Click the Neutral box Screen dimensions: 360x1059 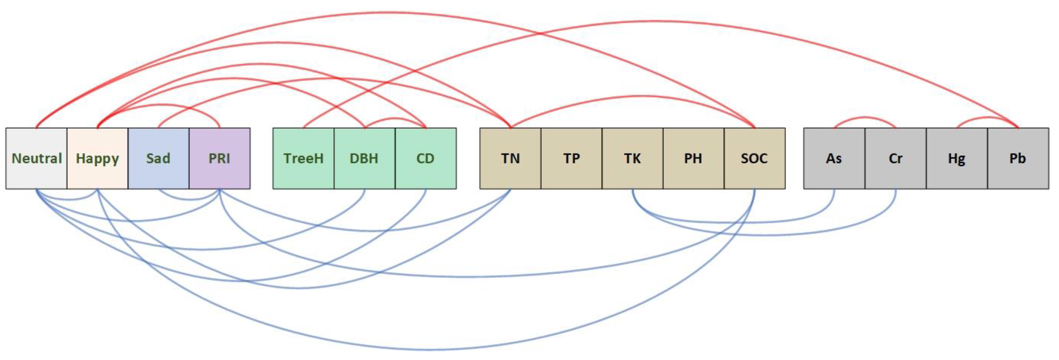coord(37,159)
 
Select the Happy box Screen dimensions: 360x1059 coord(97,159)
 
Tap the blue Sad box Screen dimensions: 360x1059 coord(158,159)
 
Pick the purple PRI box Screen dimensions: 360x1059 coord(220,159)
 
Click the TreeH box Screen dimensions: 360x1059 coord(303,159)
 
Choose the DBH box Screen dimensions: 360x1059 coord(364,159)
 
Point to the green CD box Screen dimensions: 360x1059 coord(426,159)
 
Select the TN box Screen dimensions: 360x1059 coord(510,159)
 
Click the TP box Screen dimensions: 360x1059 coord(572,159)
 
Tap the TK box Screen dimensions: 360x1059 coord(632,159)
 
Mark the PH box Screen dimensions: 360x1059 coord(693,159)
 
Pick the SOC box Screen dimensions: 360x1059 coord(754,159)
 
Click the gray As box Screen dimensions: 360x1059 coord(834,159)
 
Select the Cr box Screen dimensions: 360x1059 coord(895,159)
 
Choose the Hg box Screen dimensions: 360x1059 coord(957,159)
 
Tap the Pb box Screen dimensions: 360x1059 coord(1018,159)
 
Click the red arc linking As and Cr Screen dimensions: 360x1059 coord(865,118)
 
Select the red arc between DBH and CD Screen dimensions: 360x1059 coord(395,119)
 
